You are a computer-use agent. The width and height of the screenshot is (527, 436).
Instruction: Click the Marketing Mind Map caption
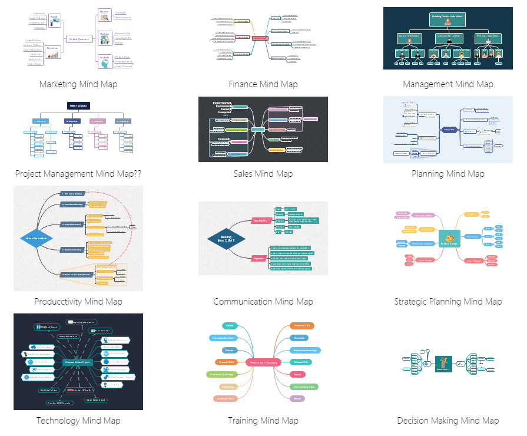pos(78,84)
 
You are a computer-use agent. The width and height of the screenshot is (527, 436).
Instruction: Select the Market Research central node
pos(78,39)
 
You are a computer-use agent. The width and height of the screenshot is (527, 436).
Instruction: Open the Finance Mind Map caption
pos(263,84)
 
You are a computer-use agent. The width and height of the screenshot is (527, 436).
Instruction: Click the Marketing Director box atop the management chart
pos(448,19)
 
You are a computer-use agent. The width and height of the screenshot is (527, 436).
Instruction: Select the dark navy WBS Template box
pos(78,105)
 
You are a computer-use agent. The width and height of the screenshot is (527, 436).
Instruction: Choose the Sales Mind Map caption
pos(263,174)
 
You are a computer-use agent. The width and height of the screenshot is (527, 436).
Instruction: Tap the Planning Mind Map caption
pos(448,174)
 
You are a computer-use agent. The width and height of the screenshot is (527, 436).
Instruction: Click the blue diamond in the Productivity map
pos(37,239)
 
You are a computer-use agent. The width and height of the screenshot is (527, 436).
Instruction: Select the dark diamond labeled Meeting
pos(226,239)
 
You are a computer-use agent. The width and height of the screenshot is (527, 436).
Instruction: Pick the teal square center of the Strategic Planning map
pos(449,239)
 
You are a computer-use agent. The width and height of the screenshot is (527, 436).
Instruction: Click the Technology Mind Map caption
pos(78,421)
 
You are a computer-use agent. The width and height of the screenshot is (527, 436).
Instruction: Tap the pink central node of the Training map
pos(263,363)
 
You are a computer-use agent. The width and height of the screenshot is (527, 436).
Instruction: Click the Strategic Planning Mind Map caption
pos(448,302)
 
